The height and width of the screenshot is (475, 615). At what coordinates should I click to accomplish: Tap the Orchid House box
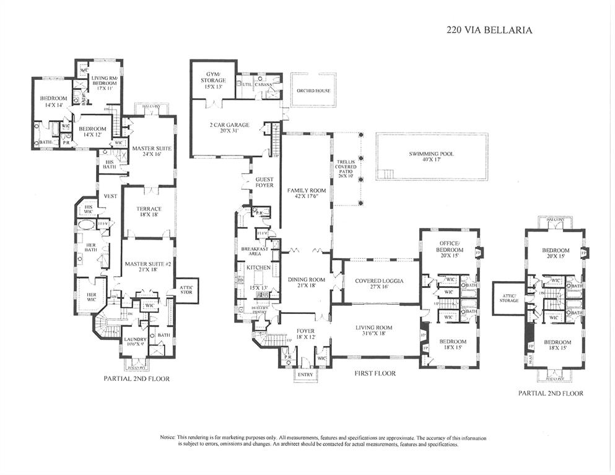pyautogui.click(x=313, y=91)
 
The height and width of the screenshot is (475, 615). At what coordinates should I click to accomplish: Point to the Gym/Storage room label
pyautogui.click(x=212, y=80)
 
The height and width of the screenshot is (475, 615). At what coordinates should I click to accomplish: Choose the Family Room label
pyautogui.click(x=306, y=193)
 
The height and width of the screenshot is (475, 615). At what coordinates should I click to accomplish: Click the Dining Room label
pyautogui.click(x=307, y=282)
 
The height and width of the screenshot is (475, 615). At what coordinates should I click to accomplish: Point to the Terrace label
pyautogui.click(x=149, y=212)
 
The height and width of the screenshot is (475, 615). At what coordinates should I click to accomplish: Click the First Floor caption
pyautogui.click(x=374, y=373)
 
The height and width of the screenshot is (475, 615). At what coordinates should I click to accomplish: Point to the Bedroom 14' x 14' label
pyautogui.click(x=53, y=102)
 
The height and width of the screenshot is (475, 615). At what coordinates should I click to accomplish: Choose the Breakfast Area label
pyautogui.click(x=253, y=251)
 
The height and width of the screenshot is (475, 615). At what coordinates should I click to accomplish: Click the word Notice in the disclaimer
pyautogui.click(x=168, y=437)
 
